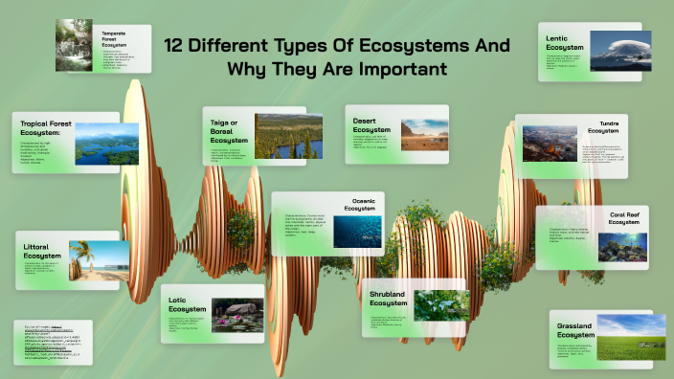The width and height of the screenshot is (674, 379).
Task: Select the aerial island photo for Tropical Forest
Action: pos(106,144)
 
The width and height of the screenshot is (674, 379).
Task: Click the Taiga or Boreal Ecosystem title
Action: pos(229,132)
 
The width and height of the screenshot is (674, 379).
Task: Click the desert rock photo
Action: pos(423,135)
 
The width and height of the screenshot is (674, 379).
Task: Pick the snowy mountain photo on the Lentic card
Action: pos(619,50)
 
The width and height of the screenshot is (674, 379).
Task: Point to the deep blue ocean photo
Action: pos(357,233)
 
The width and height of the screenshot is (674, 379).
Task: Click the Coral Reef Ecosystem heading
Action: pos(629,219)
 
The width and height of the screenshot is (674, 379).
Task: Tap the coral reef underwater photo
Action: pos(622,248)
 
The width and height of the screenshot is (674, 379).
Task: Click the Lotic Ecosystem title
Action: pos(187,305)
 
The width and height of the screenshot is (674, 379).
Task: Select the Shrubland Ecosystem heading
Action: pos(388,298)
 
